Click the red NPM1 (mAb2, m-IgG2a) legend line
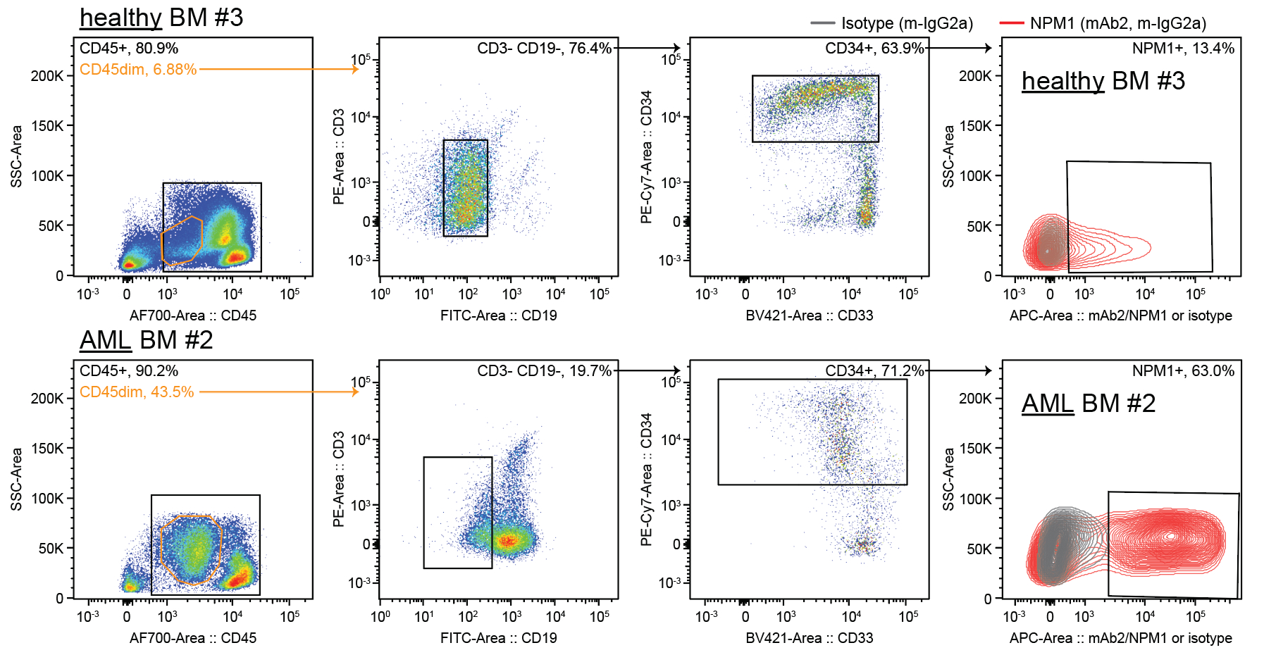point(1011,23)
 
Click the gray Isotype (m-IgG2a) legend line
point(822,23)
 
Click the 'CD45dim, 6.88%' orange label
point(138,70)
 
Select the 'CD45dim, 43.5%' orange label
point(137,392)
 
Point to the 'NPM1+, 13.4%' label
point(1183,49)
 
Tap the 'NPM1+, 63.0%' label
point(1183,371)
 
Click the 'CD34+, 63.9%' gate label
point(874,49)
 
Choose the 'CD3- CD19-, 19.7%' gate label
point(544,371)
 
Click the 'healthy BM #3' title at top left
point(161,18)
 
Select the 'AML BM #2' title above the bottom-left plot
point(146,340)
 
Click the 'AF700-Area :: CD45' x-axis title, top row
point(193,316)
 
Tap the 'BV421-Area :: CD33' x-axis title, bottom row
point(809,638)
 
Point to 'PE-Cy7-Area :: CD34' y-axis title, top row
point(646,157)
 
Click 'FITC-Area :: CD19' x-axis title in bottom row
point(498,638)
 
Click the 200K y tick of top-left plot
point(47,76)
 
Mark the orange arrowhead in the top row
point(356,69)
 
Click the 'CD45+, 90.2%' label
point(129,371)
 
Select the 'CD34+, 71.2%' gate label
point(874,371)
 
